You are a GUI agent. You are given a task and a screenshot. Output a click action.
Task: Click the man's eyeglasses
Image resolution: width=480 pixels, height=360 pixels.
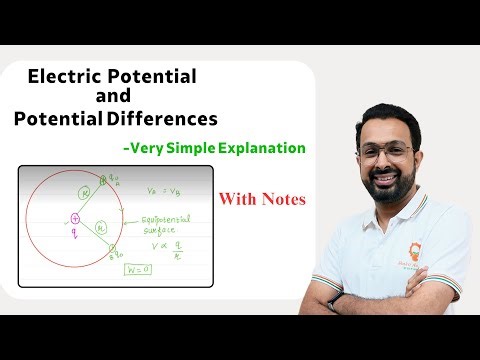385,152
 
